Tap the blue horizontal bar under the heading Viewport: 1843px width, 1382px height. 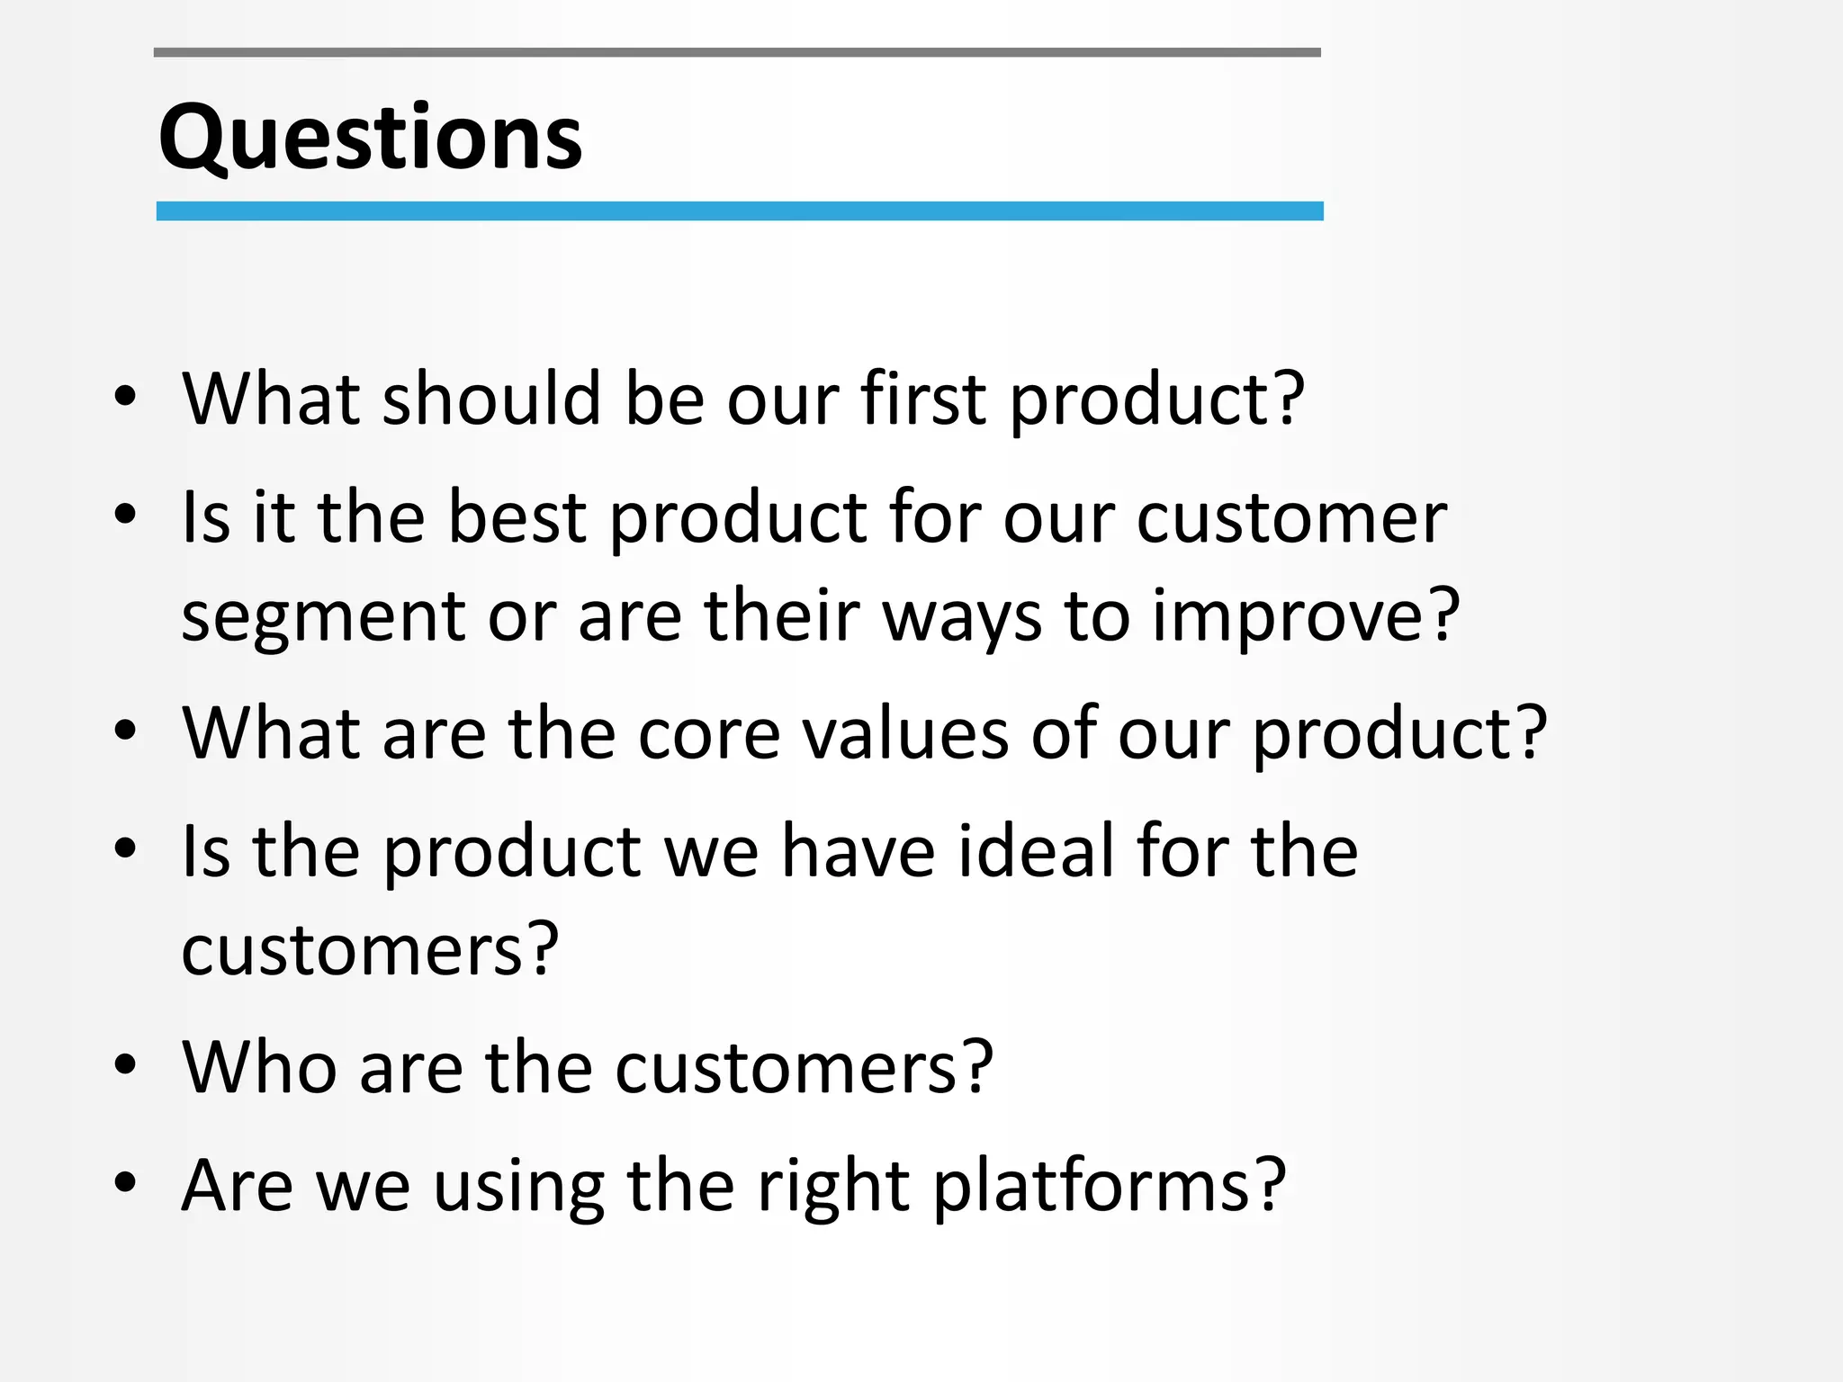pyautogui.click(x=739, y=211)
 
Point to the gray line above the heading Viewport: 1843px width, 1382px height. pyautogui.click(x=736, y=53)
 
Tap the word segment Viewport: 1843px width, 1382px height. pyautogui.click(x=323, y=619)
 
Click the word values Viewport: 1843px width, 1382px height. pyautogui.click(x=904, y=734)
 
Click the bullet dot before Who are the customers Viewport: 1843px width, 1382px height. pyautogui.click(x=125, y=1065)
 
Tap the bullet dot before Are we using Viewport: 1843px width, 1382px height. pyautogui.click(x=125, y=1183)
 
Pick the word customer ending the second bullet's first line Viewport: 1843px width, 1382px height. pyautogui.click(x=1291, y=519)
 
